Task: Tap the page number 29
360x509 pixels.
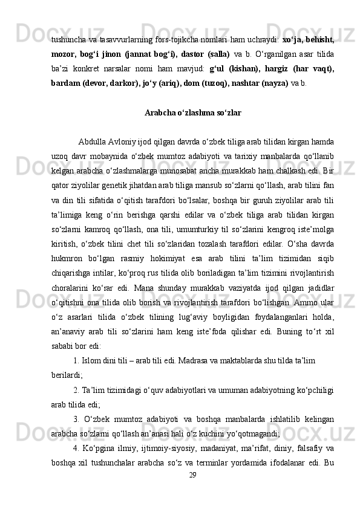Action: (192, 493)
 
